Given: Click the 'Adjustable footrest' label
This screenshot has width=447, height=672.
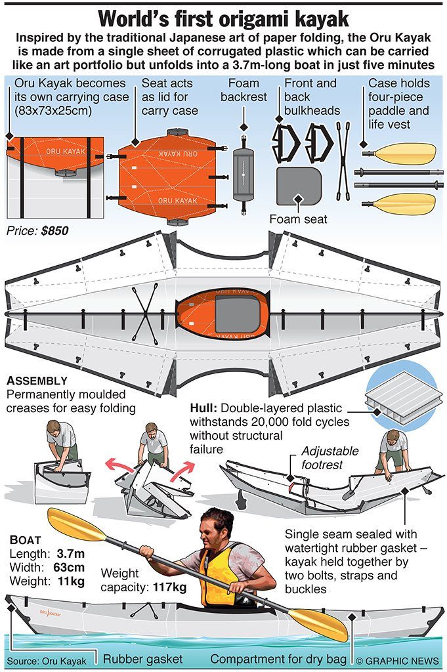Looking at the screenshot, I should pyautogui.click(x=330, y=458).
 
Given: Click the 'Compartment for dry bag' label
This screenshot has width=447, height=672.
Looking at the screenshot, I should pyautogui.click(x=279, y=659).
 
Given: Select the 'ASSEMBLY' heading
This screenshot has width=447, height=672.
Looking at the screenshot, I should pyautogui.click(x=37, y=381).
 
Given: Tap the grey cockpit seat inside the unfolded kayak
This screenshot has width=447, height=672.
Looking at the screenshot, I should pyautogui.click(x=237, y=312).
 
